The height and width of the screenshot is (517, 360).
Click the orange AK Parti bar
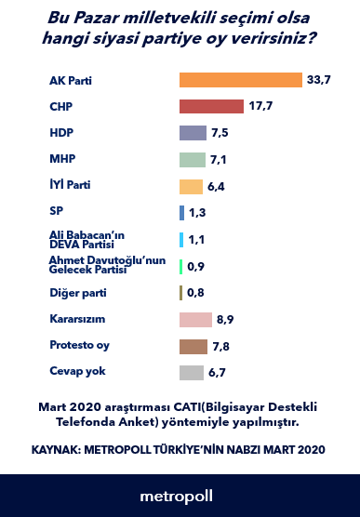(x=241, y=81)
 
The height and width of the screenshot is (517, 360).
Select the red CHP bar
(x=211, y=107)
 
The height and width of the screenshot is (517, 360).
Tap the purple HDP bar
(x=193, y=134)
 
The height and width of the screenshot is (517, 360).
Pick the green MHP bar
(x=192, y=160)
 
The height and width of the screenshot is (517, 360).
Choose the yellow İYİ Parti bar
(x=191, y=186)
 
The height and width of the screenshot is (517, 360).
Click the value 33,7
(x=318, y=81)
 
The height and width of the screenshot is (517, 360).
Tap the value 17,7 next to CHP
(x=259, y=107)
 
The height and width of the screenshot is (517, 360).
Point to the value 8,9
(x=224, y=320)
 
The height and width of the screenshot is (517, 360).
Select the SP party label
(x=55, y=213)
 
